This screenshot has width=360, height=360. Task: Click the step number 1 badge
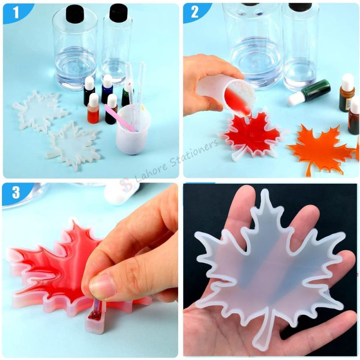point(16,13)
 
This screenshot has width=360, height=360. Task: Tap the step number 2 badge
point(195,12)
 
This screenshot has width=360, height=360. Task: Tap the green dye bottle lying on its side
point(310,92)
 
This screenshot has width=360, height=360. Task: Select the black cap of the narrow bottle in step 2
point(300,7)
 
